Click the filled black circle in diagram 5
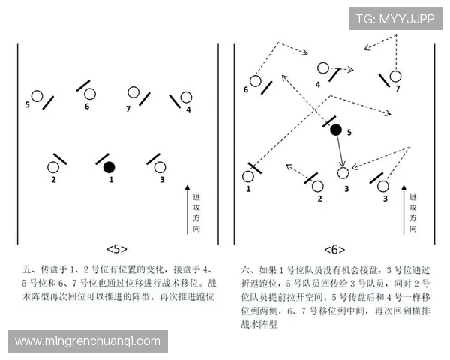pyautogui.click(x=109, y=166)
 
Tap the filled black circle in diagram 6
pyautogui.click(x=336, y=130)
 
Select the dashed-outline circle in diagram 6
pyautogui.click(x=343, y=173)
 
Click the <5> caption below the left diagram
pyautogui.click(x=117, y=248)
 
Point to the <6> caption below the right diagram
pyautogui.click(x=334, y=249)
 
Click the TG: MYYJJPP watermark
pyautogui.click(x=394, y=18)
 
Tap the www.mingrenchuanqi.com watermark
pyautogui.click(x=88, y=340)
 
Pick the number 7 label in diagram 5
pyautogui.click(x=128, y=109)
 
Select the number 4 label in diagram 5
pyautogui.click(x=188, y=109)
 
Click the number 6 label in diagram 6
pyautogui.click(x=245, y=90)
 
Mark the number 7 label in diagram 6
pyautogui.click(x=398, y=88)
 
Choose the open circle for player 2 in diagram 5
pyautogui.click(x=53, y=167)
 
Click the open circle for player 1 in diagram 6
pyautogui.click(x=249, y=176)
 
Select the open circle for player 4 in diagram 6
pyautogui.click(x=322, y=68)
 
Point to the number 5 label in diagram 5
pyautogui.click(x=27, y=105)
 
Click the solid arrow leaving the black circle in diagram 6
pyautogui.click(x=340, y=151)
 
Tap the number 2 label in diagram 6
pyautogui.click(x=319, y=199)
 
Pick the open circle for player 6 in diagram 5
pyautogui.click(x=90, y=94)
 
